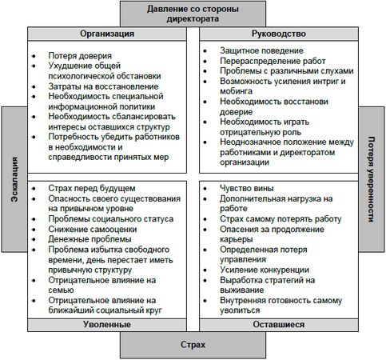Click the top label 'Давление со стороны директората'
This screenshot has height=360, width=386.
(193, 14)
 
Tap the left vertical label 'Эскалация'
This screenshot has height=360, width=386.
(14, 180)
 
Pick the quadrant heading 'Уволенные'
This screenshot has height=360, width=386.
(106, 325)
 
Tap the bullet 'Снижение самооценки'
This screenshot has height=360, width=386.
(81, 229)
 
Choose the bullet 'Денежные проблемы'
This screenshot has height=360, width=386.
(78, 239)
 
